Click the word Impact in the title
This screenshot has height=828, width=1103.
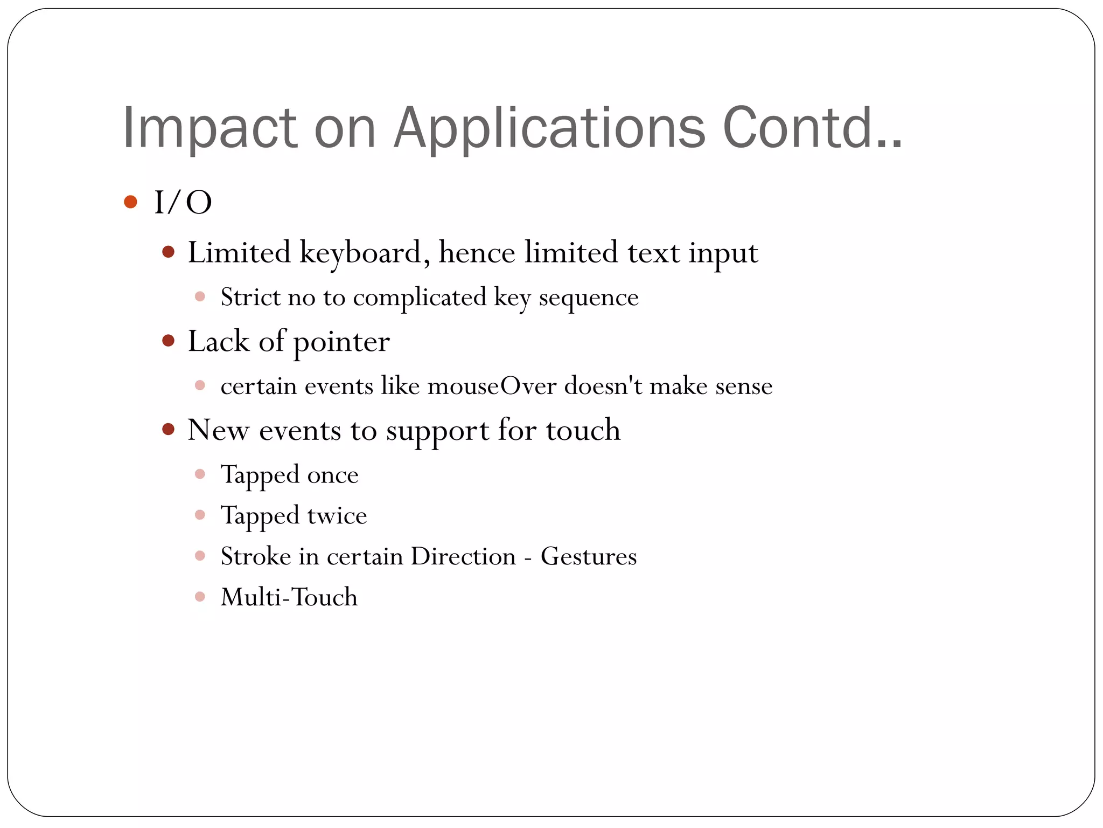point(210,128)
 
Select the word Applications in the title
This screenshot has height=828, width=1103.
point(549,128)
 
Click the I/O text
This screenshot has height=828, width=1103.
point(183,203)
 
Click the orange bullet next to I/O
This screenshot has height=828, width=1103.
point(130,202)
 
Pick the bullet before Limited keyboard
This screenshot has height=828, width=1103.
point(169,252)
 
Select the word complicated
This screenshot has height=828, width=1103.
point(420,297)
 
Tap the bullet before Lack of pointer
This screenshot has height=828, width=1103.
point(169,341)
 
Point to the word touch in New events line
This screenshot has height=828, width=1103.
point(583,430)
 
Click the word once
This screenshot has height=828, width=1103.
point(332,475)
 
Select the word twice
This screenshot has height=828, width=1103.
point(337,516)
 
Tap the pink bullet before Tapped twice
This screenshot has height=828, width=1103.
point(200,515)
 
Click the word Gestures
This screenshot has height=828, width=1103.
point(589,556)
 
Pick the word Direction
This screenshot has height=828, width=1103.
point(463,556)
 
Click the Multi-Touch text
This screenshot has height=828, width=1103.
point(289,597)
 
